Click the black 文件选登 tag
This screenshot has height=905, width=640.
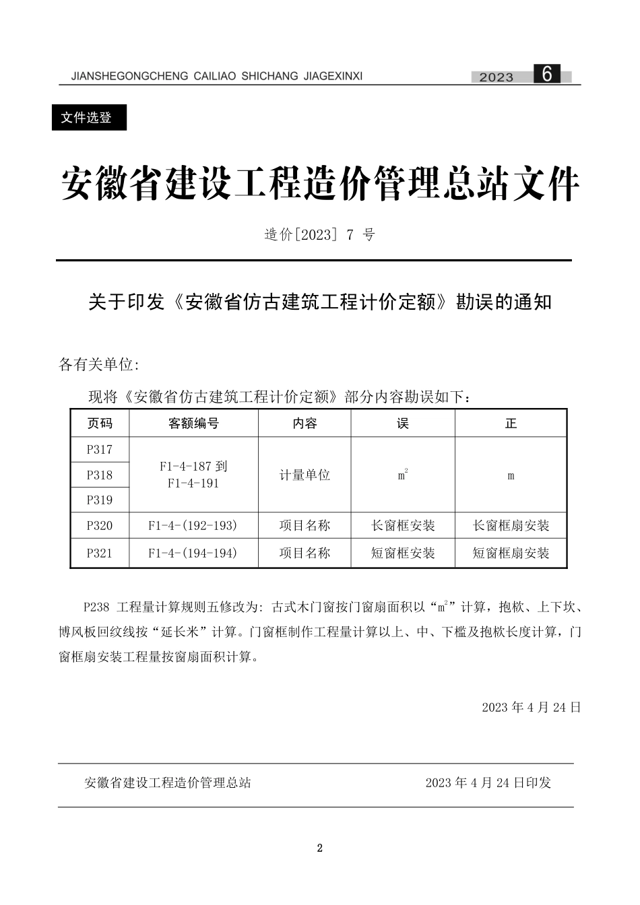click(x=88, y=118)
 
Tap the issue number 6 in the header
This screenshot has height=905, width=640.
click(x=546, y=74)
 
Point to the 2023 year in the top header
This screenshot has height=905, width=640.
click(x=496, y=77)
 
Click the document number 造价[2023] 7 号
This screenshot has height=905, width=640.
click(x=319, y=235)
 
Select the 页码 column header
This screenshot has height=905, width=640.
click(x=100, y=424)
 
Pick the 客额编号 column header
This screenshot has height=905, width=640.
click(x=193, y=424)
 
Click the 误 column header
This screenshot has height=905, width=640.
click(x=403, y=424)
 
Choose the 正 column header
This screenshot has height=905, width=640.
click(x=511, y=424)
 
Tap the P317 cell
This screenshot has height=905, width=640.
click(x=100, y=450)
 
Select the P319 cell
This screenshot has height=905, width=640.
click(x=100, y=500)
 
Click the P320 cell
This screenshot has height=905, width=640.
click(x=100, y=526)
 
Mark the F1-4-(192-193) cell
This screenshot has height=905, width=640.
click(x=193, y=526)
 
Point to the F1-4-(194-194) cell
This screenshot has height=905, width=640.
click(x=193, y=554)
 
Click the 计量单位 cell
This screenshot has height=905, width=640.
click(x=305, y=475)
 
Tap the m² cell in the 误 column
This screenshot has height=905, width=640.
click(x=403, y=475)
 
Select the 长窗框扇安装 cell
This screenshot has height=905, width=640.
click(x=511, y=526)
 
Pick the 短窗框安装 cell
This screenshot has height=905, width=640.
click(x=403, y=554)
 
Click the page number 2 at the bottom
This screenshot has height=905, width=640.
click(x=320, y=848)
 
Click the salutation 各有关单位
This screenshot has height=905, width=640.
click(x=98, y=365)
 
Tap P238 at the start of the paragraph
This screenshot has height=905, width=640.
click(x=96, y=607)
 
